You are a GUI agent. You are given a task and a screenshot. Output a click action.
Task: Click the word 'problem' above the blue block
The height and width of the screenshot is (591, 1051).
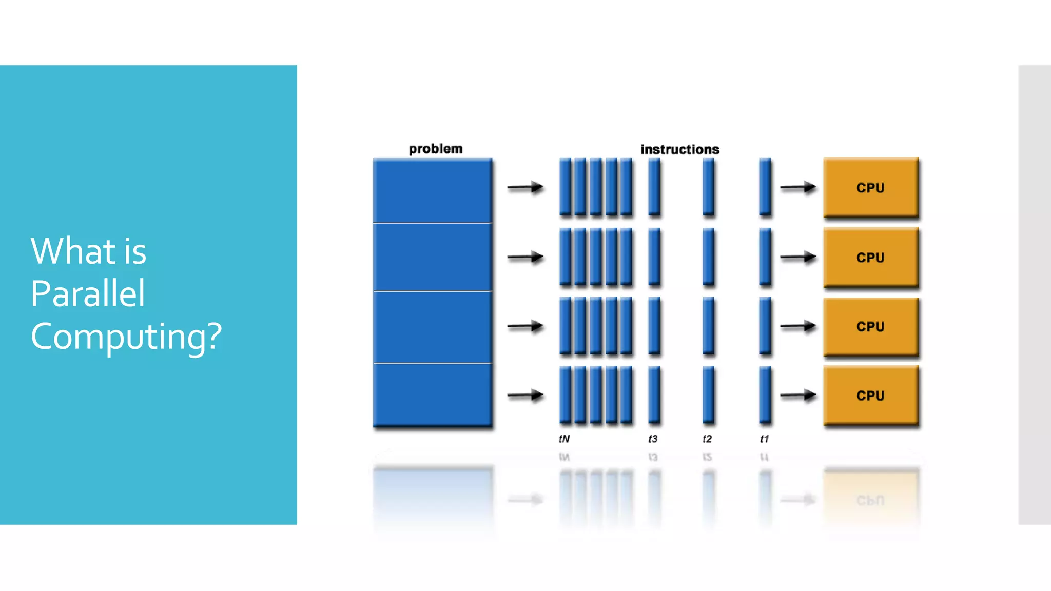[x=436, y=149]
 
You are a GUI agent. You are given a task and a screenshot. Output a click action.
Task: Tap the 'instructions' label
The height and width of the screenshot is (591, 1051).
[x=679, y=149]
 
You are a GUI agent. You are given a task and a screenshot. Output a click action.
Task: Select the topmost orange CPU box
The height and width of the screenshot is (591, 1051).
[x=870, y=187]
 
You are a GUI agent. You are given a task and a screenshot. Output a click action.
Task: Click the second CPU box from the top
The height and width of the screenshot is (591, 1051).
[x=870, y=257]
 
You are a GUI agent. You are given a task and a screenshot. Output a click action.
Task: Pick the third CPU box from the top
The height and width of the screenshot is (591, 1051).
[x=870, y=326]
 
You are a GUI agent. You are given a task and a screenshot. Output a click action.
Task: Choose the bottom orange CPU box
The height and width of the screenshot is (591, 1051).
[x=870, y=395]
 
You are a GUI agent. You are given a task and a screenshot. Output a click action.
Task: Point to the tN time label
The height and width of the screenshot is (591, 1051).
[x=564, y=439]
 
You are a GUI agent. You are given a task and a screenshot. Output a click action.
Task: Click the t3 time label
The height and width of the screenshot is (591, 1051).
[x=653, y=439]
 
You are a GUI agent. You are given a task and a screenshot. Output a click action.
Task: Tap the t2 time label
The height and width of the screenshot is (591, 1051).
[x=707, y=439]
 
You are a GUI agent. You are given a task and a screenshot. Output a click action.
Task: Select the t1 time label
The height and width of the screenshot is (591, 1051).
[x=764, y=439]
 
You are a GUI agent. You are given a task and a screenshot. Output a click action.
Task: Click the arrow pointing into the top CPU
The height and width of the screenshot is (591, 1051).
[x=798, y=188]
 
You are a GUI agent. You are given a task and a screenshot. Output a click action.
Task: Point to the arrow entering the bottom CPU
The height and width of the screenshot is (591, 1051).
[x=798, y=395]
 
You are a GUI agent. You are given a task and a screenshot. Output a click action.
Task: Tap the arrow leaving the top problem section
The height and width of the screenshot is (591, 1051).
[x=525, y=188]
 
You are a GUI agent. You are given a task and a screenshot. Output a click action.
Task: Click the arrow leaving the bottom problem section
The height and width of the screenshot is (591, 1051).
[x=525, y=395]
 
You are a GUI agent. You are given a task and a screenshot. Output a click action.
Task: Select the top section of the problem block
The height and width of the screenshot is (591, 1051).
[x=432, y=191]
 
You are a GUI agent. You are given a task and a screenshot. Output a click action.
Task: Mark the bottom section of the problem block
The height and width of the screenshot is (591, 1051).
[x=432, y=394]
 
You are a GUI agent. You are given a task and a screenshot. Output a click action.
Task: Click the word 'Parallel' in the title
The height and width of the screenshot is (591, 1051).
[x=88, y=293]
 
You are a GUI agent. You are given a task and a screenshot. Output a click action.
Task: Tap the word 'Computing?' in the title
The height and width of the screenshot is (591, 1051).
[x=126, y=337]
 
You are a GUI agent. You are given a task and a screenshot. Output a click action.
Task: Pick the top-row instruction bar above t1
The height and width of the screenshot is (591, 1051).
[x=765, y=187]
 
